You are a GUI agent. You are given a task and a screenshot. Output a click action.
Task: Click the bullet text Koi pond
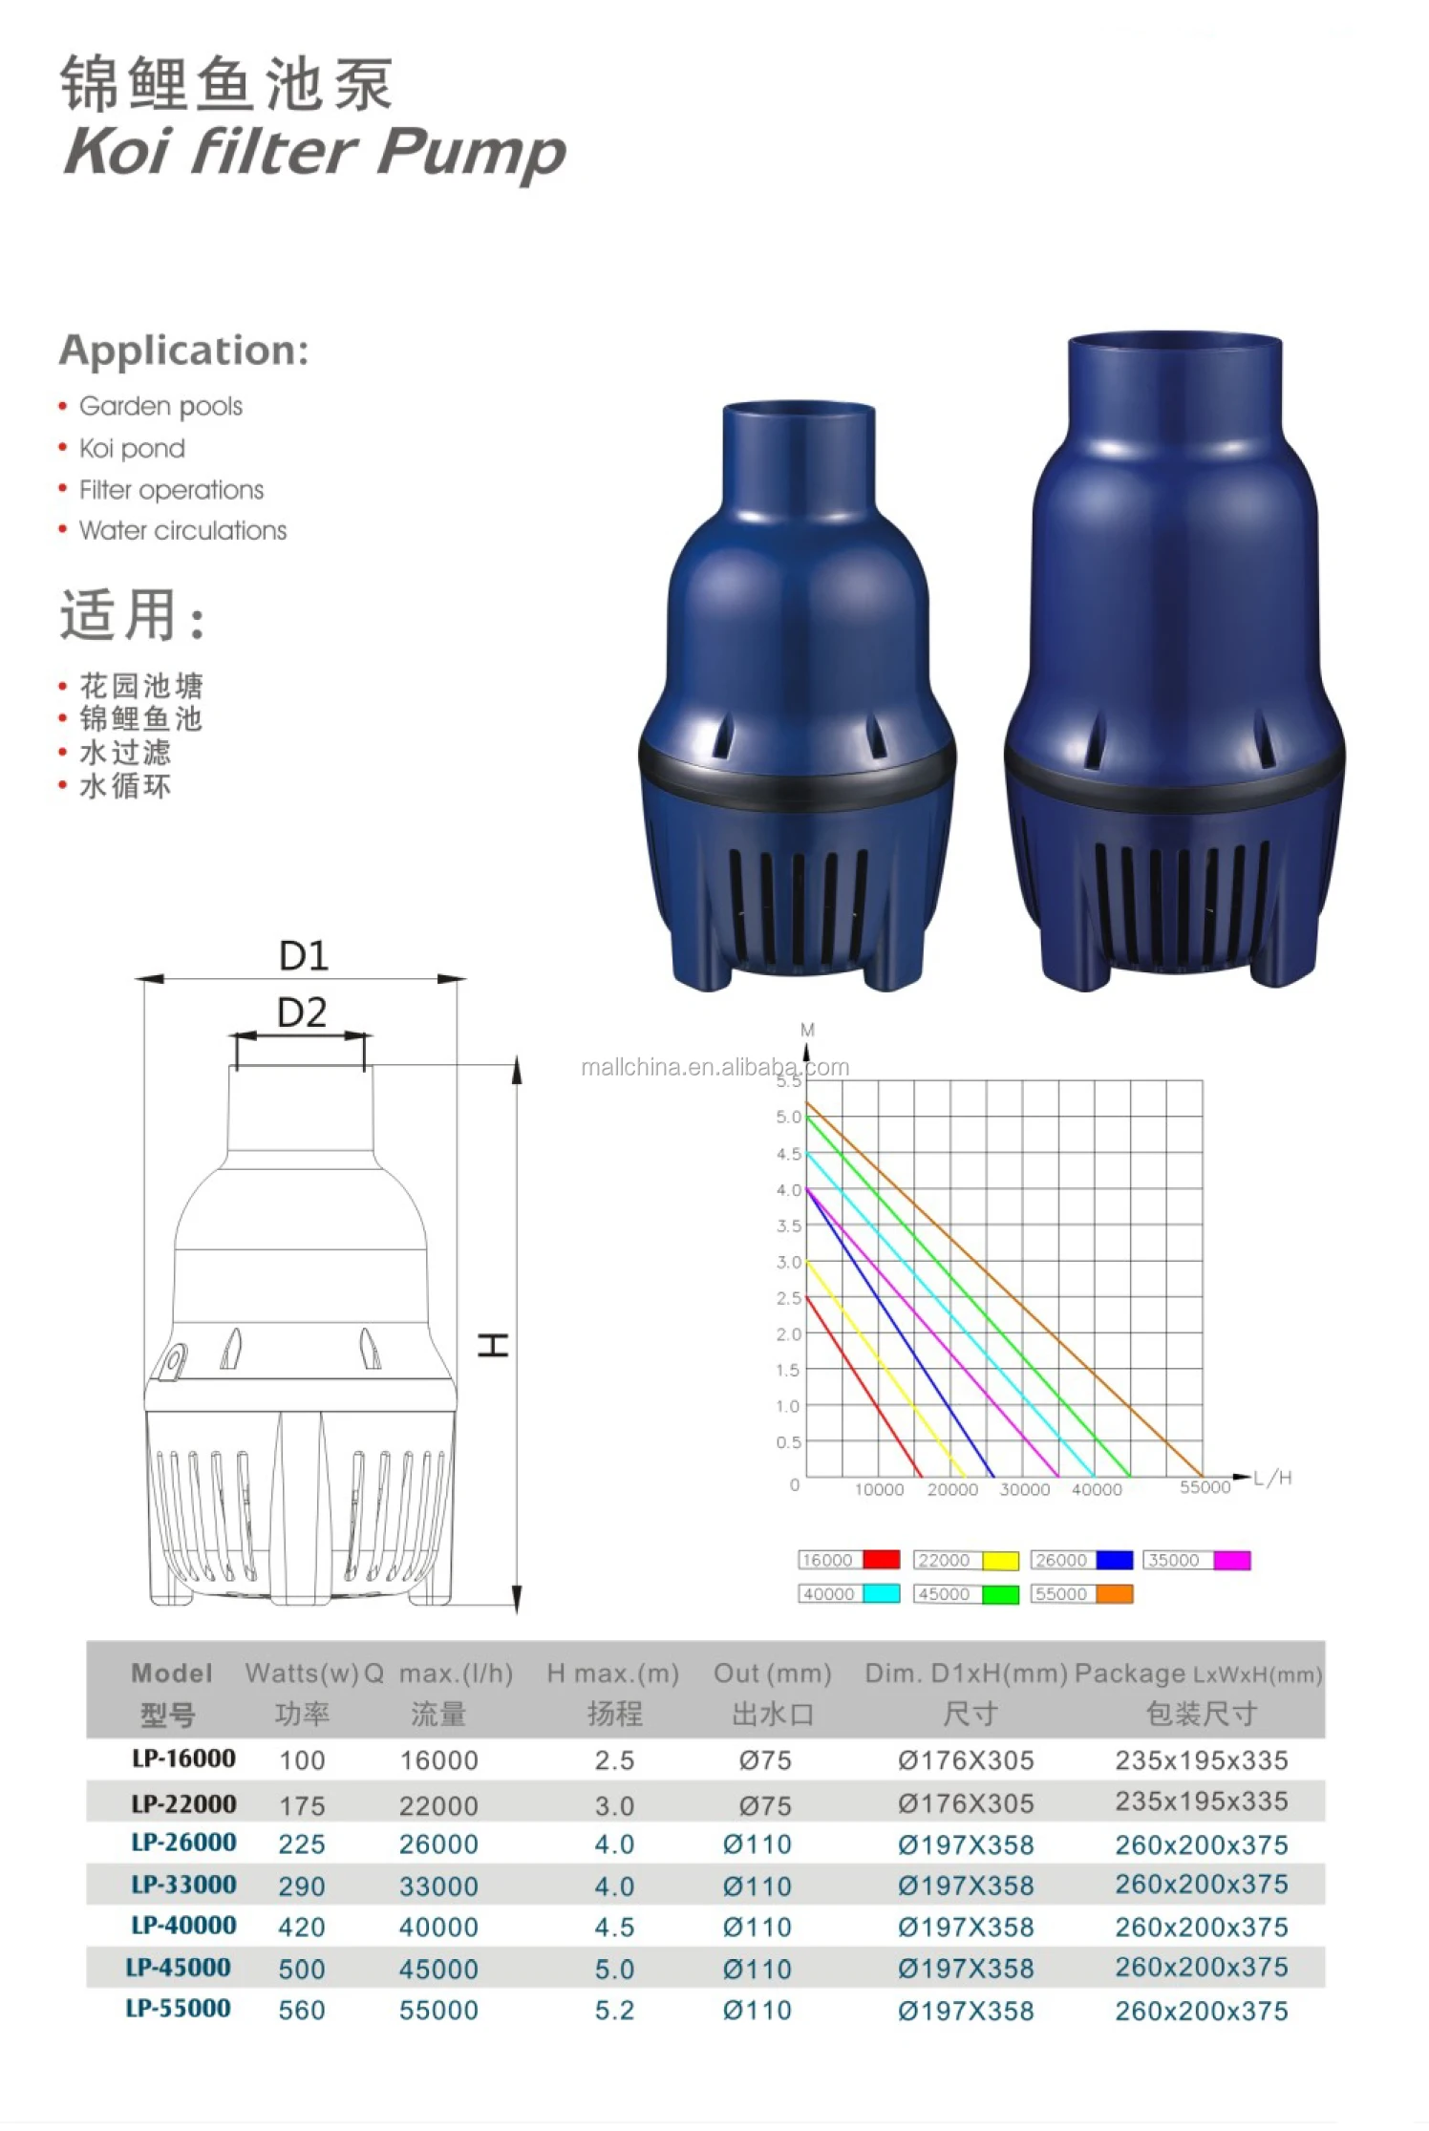coord(132,448)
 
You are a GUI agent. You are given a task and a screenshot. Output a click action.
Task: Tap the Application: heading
coord(184,350)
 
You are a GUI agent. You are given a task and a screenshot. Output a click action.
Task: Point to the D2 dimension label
coord(301,1012)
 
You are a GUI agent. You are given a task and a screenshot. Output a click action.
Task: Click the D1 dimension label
coord(303,955)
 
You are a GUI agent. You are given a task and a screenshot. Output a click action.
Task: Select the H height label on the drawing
coord(493,1346)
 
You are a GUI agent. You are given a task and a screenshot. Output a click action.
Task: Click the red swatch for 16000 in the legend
coord(881,1560)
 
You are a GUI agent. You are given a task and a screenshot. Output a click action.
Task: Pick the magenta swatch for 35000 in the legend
coord(1231,1560)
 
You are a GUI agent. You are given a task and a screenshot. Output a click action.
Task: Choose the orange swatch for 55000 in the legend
coord(1114,1593)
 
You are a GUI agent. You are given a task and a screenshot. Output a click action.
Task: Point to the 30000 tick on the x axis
coord(1024,1489)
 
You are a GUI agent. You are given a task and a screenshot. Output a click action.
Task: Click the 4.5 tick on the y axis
coord(788,1154)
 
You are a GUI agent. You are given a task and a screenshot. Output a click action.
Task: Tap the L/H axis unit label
coord(1272,1478)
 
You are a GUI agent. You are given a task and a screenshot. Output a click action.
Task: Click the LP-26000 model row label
coord(183,1843)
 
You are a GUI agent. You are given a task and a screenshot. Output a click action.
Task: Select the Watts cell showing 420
coord(302,1927)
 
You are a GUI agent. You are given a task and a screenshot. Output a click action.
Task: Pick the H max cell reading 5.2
coord(614,2010)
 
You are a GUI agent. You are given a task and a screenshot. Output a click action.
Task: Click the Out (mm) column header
coord(772,1673)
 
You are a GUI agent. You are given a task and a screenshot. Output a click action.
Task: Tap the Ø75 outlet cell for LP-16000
coord(765,1759)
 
